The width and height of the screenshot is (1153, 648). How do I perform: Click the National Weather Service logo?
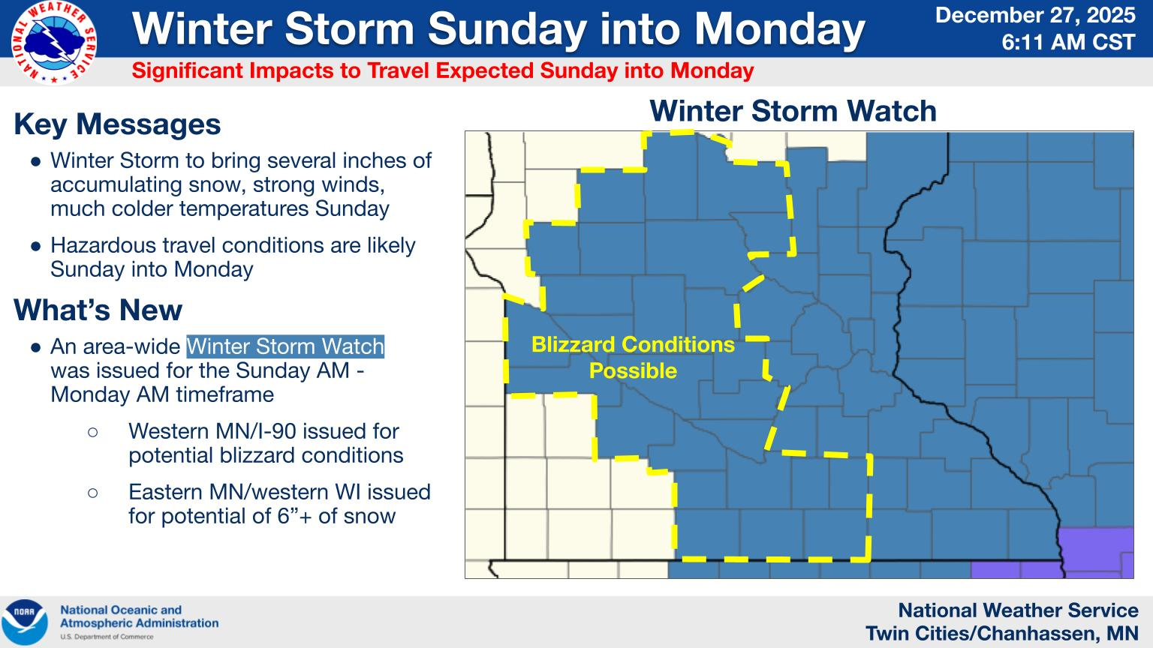click(53, 43)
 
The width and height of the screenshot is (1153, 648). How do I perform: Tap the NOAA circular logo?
click(25, 622)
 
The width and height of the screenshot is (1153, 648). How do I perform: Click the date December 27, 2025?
click(1035, 15)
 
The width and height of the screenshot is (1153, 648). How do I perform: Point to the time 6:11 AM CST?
click(1068, 42)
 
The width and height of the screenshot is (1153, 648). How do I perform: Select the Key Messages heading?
click(117, 124)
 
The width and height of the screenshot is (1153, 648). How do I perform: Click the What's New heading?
click(98, 310)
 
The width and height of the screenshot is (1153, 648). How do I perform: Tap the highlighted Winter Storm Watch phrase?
click(285, 346)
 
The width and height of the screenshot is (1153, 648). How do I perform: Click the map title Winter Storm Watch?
click(793, 111)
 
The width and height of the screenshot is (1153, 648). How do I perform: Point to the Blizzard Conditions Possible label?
click(633, 357)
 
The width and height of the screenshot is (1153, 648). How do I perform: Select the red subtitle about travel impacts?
click(442, 71)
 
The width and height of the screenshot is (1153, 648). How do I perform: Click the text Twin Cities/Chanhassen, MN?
click(1001, 634)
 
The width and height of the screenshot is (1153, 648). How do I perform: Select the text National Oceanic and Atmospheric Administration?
click(139, 616)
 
